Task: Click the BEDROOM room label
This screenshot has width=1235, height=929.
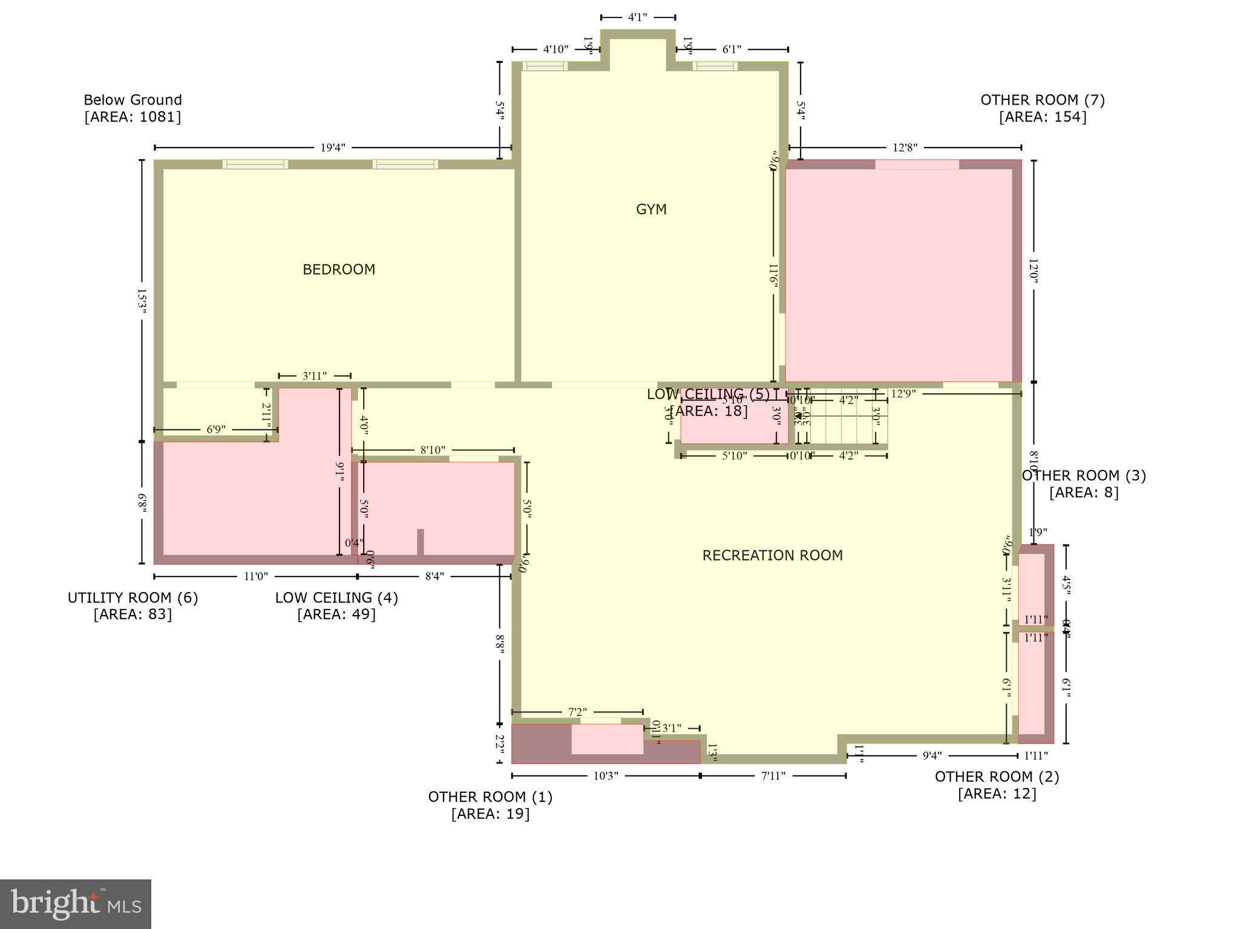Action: (339, 270)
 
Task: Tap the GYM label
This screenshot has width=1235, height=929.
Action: (651, 210)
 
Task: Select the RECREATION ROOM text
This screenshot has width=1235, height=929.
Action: (772, 555)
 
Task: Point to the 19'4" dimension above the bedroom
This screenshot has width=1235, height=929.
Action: (333, 148)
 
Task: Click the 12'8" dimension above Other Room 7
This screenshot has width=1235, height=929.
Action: (905, 148)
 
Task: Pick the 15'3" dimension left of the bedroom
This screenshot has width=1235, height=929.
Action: (142, 301)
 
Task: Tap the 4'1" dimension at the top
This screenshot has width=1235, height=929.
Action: (638, 18)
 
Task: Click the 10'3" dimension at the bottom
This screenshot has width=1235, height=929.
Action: (605, 776)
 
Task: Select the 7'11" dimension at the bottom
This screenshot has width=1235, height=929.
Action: (773, 776)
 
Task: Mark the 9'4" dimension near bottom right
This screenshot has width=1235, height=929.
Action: (932, 755)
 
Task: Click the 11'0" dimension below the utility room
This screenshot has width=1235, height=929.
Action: (255, 576)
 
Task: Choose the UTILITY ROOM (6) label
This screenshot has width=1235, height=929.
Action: (133, 598)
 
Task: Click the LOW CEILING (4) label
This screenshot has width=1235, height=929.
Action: (336, 598)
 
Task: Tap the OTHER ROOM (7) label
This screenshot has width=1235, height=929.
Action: (1043, 100)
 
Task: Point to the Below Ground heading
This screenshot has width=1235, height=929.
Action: (133, 100)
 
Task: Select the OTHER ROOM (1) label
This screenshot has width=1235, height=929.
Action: (490, 797)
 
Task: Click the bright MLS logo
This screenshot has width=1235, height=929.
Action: (76, 904)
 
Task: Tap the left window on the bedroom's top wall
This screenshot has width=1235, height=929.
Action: (255, 164)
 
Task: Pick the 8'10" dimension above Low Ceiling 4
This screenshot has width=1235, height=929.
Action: (433, 450)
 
